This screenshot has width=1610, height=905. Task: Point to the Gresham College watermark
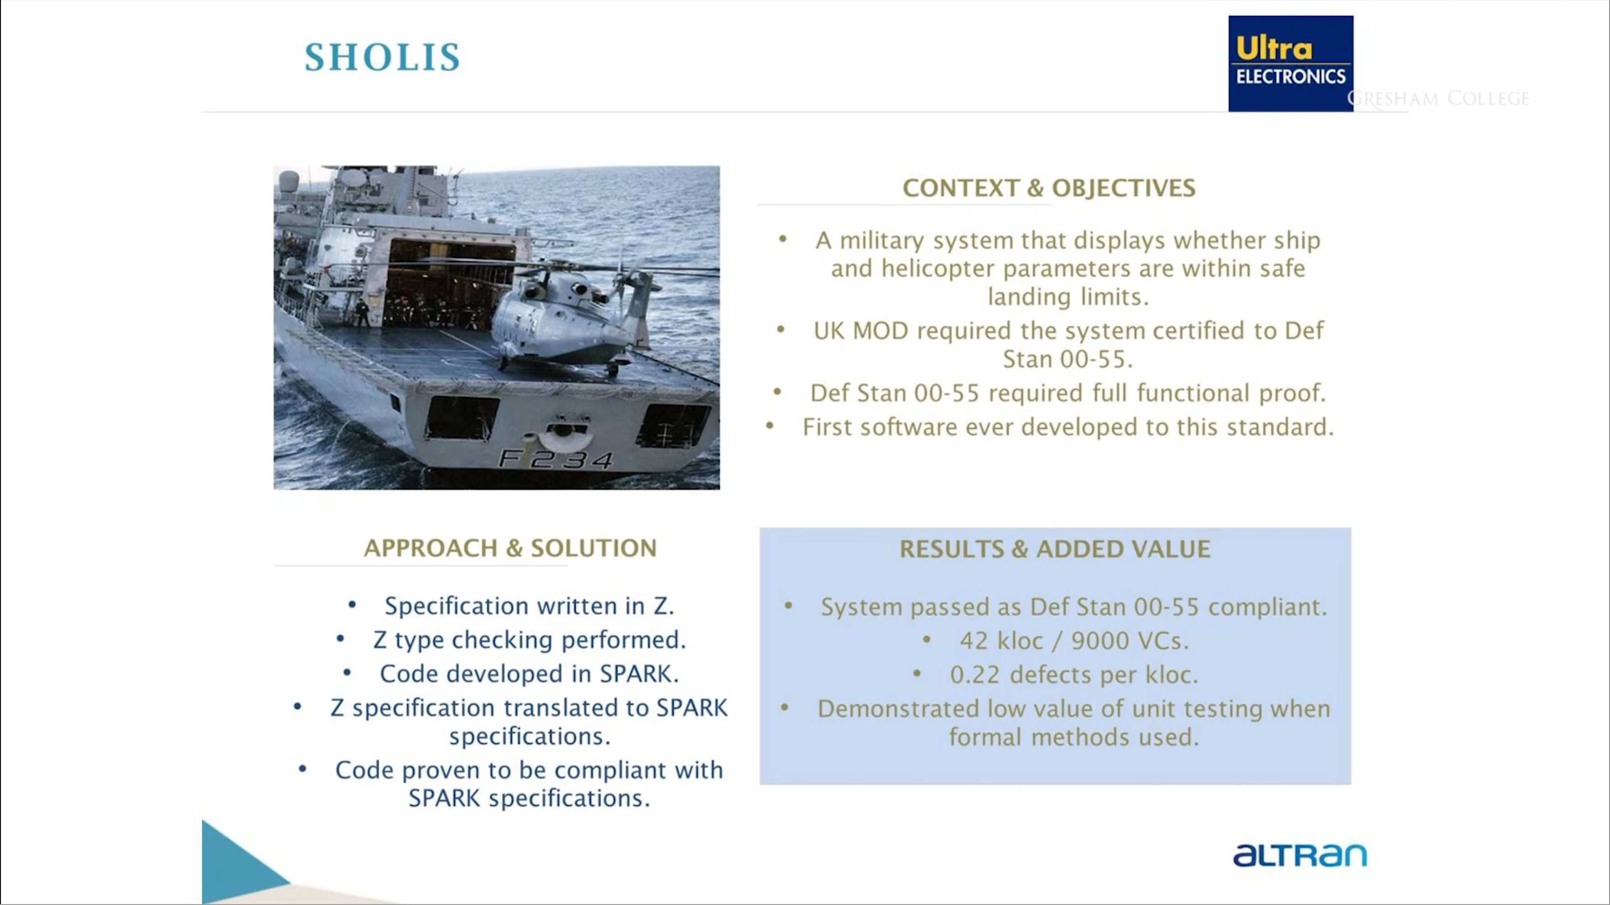coord(1437,99)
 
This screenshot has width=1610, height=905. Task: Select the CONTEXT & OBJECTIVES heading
coord(1049,188)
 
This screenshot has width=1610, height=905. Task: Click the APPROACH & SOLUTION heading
coord(510,548)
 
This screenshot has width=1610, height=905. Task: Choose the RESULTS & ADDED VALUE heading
coord(1054,549)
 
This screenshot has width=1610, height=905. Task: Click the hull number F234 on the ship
coord(555,460)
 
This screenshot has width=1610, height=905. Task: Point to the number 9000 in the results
coord(1097,641)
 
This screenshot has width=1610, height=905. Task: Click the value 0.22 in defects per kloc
coord(975,675)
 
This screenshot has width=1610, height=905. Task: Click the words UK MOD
coord(861,331)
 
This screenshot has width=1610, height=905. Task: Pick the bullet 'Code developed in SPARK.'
coord(529,674)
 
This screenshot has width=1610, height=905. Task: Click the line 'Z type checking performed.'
coord(529,640)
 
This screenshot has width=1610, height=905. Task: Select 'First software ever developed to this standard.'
coord(1068,427)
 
